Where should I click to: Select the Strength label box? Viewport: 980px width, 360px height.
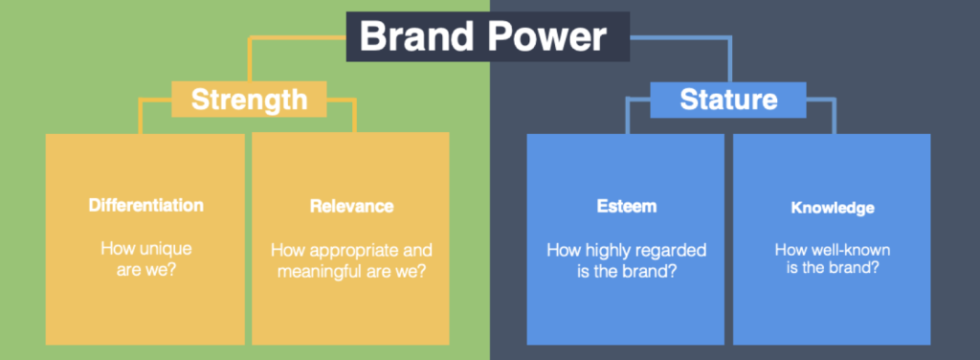pyautogui.click(x=250, y=100)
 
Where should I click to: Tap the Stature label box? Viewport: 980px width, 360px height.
pyautogui.click(x=728, y=100)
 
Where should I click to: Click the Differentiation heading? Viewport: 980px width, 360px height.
pyautogui.click(x=145, y=206)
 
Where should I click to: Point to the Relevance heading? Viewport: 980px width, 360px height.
pyautogui.click(x=351, y=206)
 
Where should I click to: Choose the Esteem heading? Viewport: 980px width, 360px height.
pyautogui.click(x=626, y=206)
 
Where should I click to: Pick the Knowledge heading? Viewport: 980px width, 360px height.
pyautogui.click(x=833, y=208)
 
